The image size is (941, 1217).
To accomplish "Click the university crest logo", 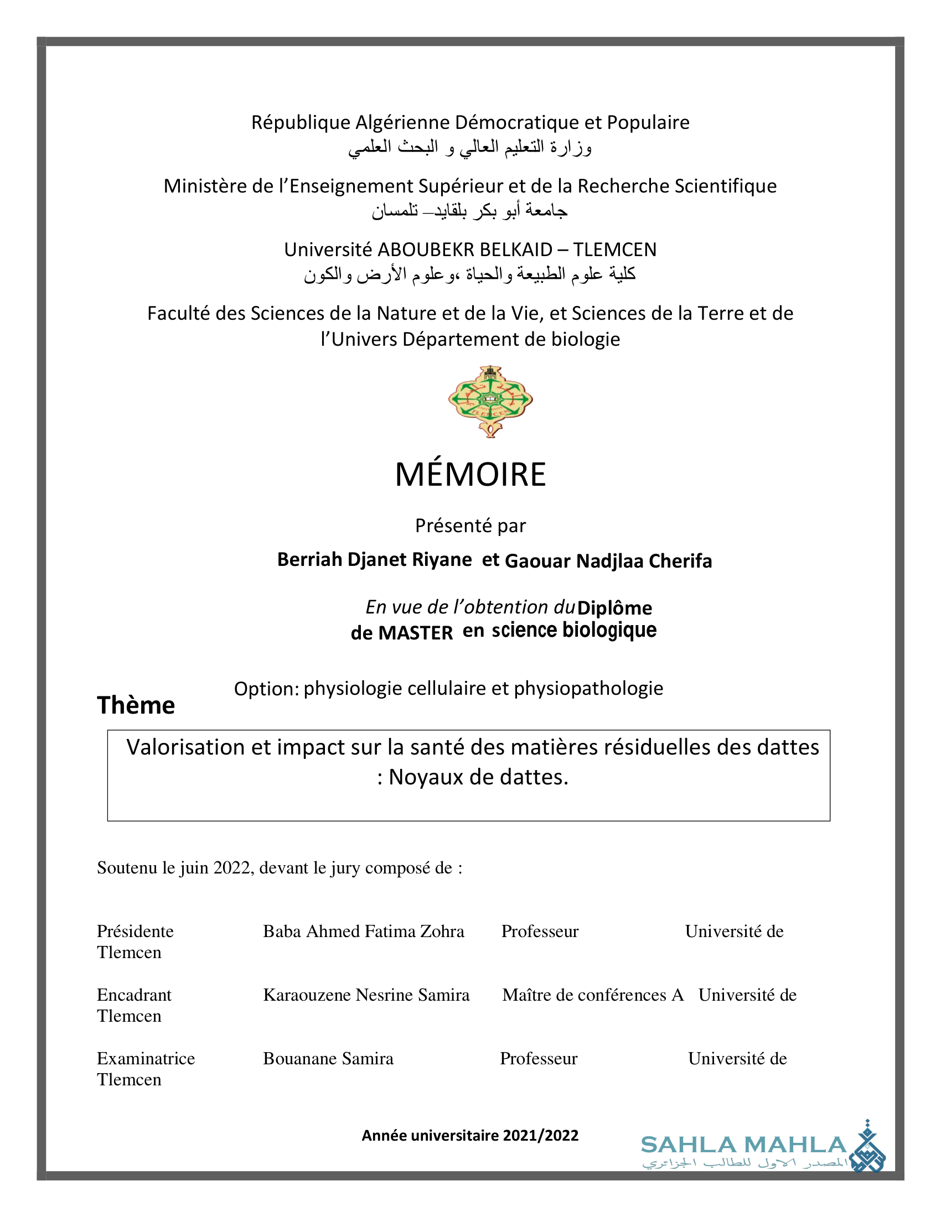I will [490, 401].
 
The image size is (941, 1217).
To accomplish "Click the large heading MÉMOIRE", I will [471, 474].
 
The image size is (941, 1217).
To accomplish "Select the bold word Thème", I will [136, 705].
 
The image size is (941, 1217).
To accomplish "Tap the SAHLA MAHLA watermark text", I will [743, 1145].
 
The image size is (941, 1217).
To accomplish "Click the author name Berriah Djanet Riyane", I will [374, 559].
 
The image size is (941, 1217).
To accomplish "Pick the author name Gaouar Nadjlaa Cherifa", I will [608, 560].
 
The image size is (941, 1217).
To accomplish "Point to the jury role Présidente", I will [136, 931].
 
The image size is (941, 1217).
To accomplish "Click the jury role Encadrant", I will [135, 995].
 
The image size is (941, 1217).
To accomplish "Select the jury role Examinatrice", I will [146, 1058].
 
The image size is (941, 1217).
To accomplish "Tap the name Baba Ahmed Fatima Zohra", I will [364, 931].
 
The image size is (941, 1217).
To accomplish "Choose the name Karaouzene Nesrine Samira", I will [366, 995].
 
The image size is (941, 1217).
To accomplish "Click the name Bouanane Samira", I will [328, 1058].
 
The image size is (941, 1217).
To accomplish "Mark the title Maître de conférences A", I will [593, 995].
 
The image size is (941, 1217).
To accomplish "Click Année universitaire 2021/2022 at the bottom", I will [470, 1135].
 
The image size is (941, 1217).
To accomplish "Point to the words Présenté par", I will [471, 526].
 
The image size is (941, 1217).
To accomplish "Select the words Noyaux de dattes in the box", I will [478, 777].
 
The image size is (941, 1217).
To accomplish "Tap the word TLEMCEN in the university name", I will [615, 249].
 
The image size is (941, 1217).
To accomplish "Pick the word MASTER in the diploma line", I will [415, 633].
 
